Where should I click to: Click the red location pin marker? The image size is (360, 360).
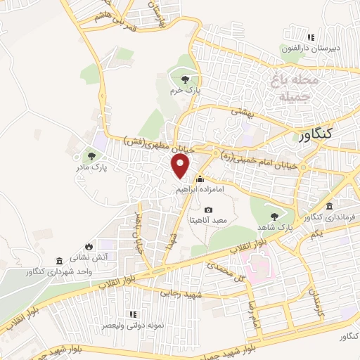pos(181,167)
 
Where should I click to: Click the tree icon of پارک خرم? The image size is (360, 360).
pos(185,79)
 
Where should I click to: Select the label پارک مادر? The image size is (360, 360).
pos(89,168)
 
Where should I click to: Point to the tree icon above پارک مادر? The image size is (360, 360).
pos(90,155)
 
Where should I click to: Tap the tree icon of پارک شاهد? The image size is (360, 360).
pos(274,216)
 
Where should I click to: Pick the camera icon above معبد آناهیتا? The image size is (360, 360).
pos(208,210)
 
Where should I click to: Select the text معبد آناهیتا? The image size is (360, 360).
pos(208,221)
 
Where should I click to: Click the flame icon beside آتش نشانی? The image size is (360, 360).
pos(89,245)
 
